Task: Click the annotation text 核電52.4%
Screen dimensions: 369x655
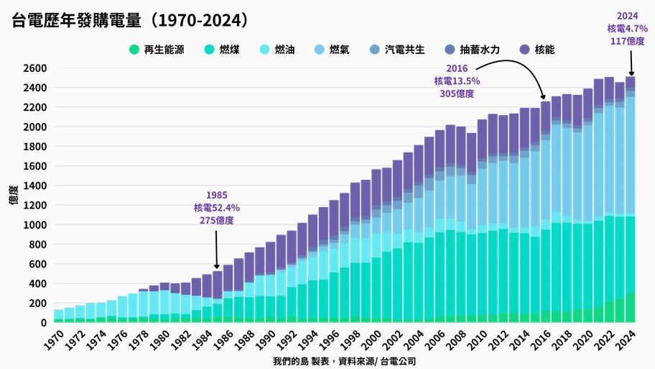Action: (217, 208)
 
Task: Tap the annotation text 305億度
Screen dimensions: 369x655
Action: (457, 94)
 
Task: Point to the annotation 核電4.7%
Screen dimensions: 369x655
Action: (627, 29)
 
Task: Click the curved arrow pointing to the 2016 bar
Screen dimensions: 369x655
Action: (524, 72)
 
